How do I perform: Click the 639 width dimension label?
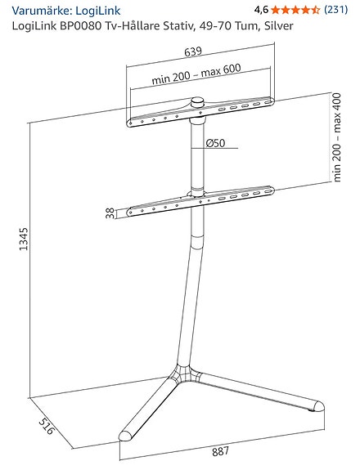click(x=193, y=51)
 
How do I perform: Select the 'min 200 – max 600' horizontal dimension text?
click(x=196, y=74)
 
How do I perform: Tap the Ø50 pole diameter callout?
click(x=215, y=143)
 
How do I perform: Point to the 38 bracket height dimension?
click(x=110, y=213)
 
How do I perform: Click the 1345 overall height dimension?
click(x=24, y=239)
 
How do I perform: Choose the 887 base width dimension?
click(x=220, y=451)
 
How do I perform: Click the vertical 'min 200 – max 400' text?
click(x=337, y=137)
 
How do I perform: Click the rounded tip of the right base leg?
click(x=318, y=406)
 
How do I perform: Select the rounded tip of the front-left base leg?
click(x=125, y=436)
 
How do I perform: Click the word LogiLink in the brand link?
click(x=98, y=11)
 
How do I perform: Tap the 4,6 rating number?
click(x=261, y=10)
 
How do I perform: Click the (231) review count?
click(x=336, y=10)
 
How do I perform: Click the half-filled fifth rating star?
click(x=315, y=10)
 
